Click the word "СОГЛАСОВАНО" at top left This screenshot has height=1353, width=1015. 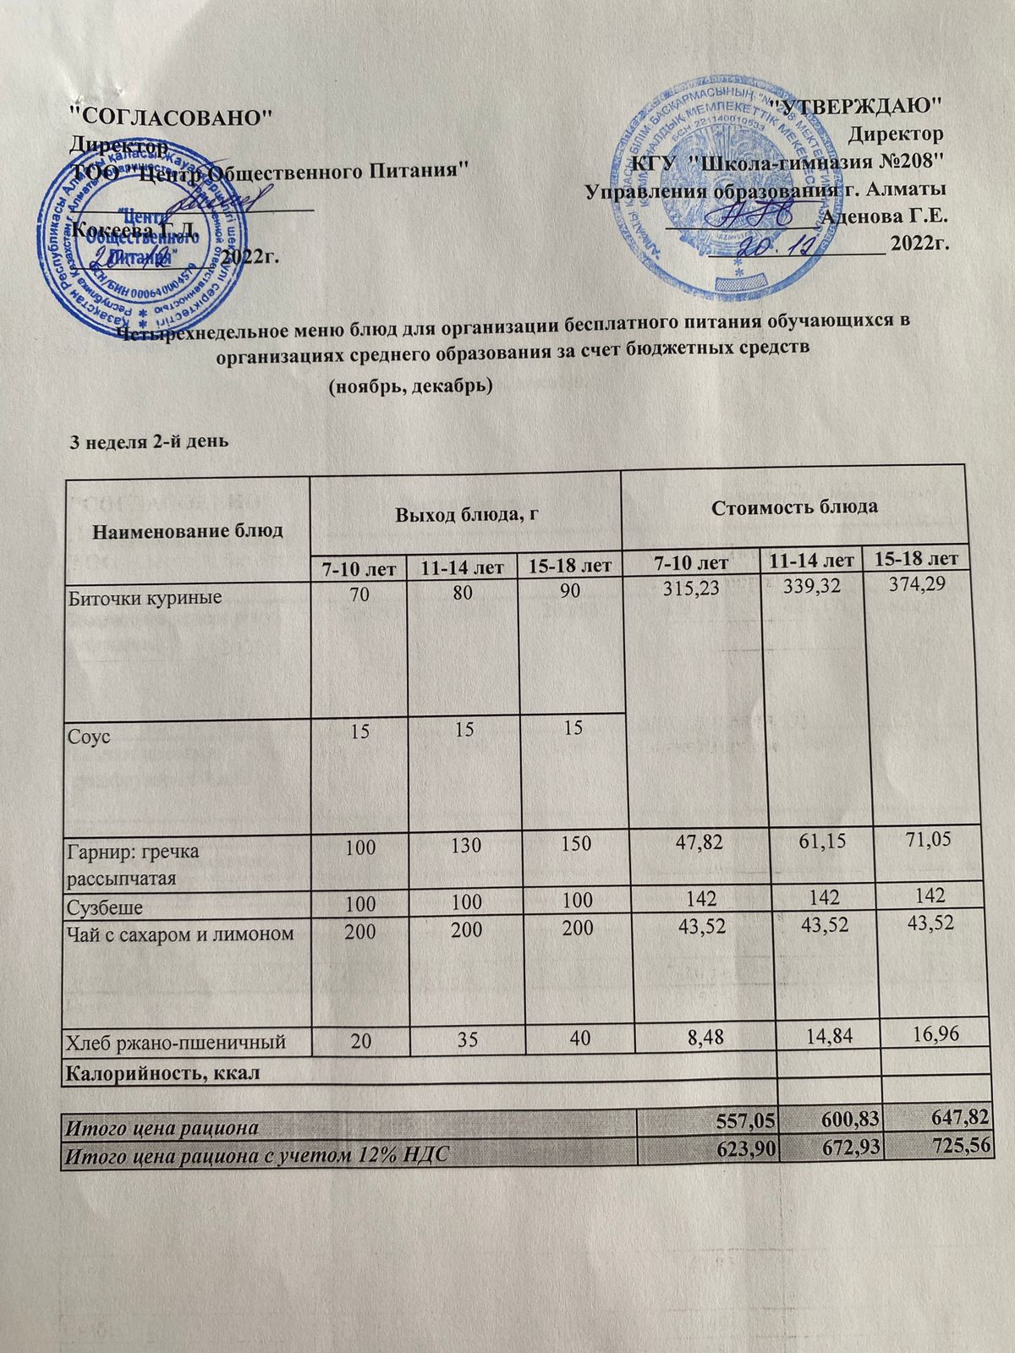point(170,117)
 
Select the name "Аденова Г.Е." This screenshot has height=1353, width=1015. point(884,216)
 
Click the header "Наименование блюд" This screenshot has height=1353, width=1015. point(188,531)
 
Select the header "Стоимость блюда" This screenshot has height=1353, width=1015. point(794,507)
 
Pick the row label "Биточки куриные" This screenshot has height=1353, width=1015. point(145,598)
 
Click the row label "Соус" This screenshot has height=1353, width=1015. point(89,736)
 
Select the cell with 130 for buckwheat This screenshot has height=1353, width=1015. point(462,846)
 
